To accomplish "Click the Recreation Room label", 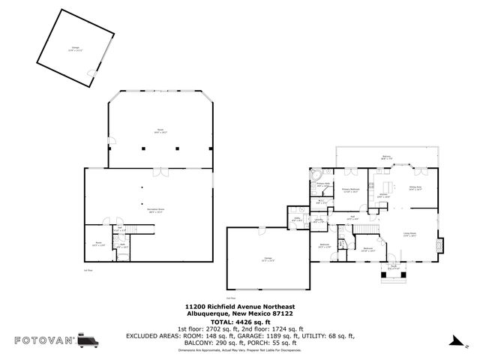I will click(156, 211).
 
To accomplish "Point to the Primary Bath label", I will click(323, 184).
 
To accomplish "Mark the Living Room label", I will click(409, 234).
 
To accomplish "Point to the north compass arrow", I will click(453, 341).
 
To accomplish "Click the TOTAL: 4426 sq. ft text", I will click(239, 321).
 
